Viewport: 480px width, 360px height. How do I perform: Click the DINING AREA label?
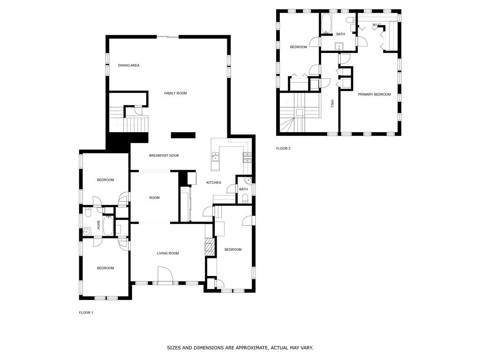click(128, 65)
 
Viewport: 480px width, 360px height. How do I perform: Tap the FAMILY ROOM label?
click(175, 93)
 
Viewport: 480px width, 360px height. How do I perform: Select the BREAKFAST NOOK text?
click(164, 156)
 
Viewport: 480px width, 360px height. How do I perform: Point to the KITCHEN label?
click(214, 182)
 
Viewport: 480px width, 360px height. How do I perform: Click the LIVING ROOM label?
click(168, 253)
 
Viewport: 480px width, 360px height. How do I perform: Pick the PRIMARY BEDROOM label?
click(375, 94)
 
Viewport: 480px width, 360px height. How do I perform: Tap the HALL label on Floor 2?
click(332, 104)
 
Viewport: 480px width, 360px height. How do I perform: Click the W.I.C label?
click(376, 24)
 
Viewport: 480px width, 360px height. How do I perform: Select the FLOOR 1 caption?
click(86, 313)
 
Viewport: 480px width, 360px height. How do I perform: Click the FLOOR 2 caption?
click(283, 149)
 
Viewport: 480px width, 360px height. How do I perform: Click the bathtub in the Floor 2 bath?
click(326, 23)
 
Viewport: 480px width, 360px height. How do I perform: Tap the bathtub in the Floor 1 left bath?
click(108, 225)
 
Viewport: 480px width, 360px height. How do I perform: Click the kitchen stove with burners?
click(247, 157)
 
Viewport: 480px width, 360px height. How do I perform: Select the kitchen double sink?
click(216, 157)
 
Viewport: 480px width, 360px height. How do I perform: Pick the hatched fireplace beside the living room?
click(210, 247)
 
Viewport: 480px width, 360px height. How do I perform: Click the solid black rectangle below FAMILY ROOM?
click(183, 135)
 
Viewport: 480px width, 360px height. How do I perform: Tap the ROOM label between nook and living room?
click(155, 198)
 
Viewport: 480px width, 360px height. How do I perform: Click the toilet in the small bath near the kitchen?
click(245, 200)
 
